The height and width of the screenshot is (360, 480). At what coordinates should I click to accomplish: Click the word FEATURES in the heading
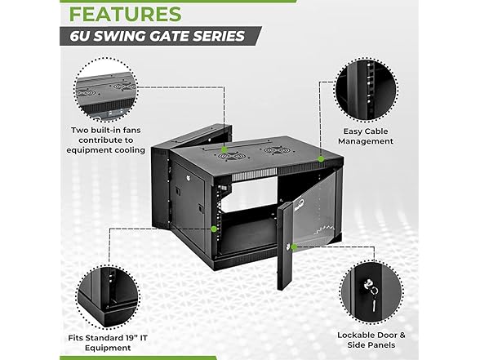(x=126, y=14)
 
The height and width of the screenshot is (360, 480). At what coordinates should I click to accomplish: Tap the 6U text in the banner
(x=80, y=36)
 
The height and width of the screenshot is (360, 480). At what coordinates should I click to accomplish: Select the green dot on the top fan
(x=224, y=149)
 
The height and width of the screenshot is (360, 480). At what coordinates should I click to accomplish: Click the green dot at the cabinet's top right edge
(x=321, y=159)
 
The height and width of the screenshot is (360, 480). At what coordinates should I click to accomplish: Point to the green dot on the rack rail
(x=214, y=229)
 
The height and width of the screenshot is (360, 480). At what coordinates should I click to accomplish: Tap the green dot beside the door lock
(x=294, y=247)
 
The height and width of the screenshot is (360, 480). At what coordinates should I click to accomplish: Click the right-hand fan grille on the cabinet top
(x=273, y=150)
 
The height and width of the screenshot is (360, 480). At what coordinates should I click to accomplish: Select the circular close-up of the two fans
(x=106, y=90)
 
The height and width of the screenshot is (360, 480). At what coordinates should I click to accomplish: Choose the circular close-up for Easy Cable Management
(x=366, y=90)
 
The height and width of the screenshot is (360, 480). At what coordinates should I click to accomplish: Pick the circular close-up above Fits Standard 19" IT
(x=108, y=297)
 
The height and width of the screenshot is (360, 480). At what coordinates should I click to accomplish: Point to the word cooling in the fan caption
(x=130, y=150)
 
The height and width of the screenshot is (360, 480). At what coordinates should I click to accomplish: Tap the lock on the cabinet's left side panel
(x=189, y=177)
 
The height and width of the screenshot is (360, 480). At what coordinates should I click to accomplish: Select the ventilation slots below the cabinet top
(x=255, y=176)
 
